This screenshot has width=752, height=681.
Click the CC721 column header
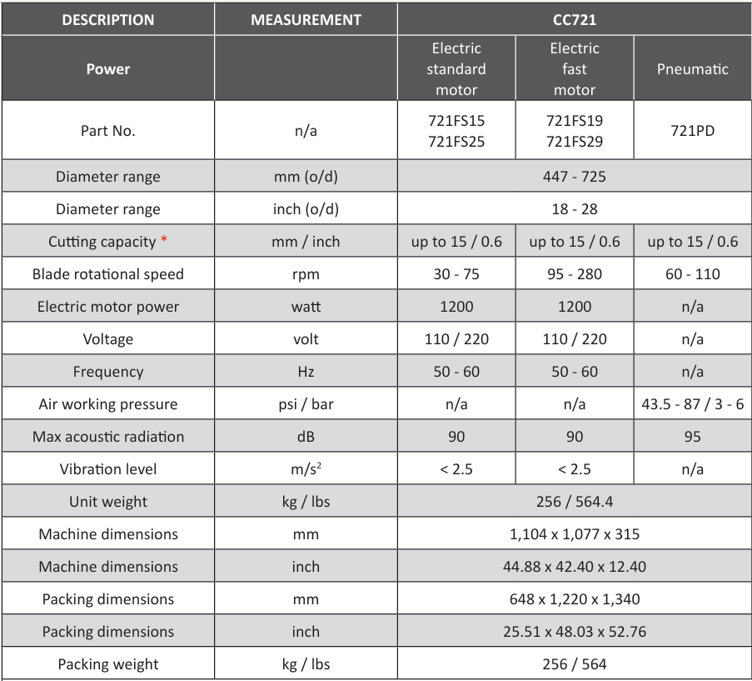(574, 20)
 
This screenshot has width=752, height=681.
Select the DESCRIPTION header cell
(108, 20)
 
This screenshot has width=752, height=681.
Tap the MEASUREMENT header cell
(306, 20)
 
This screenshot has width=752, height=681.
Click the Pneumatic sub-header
(692, 69)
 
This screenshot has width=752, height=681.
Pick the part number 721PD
(692, 131)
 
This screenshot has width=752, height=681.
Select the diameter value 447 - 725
(574, 177)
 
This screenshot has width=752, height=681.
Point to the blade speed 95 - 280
(574, 274)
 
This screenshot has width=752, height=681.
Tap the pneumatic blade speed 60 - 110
(692, 274)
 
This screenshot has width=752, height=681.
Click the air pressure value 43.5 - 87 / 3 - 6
(692, 404)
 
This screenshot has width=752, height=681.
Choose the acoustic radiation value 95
(692, 437)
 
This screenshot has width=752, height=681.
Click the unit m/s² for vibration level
(306, 469)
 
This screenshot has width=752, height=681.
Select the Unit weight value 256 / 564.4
(574, 502)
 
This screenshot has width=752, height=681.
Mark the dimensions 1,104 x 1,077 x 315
(574, 534)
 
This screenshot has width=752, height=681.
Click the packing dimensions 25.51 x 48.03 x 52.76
(574, 632)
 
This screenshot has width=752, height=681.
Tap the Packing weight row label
(108, 664)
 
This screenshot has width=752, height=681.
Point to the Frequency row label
(108, 372)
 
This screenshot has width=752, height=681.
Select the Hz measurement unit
(306, 372)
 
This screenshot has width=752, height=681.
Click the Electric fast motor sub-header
(574, 69)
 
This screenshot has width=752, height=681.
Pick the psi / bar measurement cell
(306, 404)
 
